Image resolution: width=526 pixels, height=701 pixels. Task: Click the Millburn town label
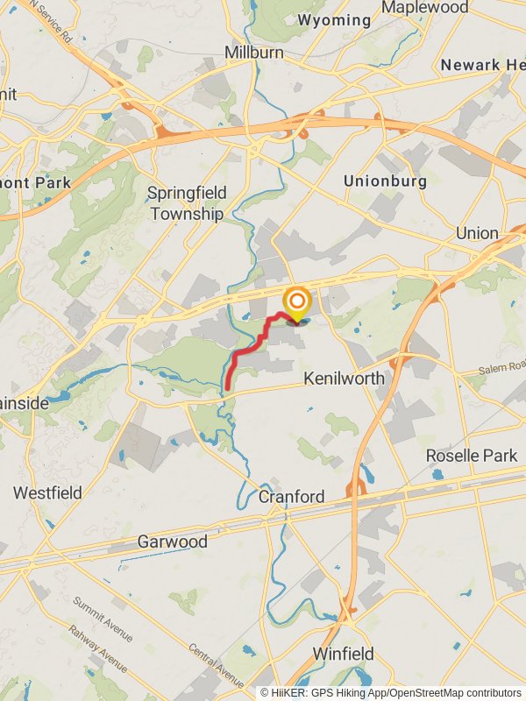click(x=254, y=53)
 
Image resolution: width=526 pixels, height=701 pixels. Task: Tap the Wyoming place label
click(x=334, y=19)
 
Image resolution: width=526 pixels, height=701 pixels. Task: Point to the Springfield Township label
click(x=187, y=203)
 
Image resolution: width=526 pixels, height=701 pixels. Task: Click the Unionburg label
click(x=385, y=181)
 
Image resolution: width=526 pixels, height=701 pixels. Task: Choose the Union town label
click(x=477, y=234)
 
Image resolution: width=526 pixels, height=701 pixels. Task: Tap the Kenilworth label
click(x=345, y=379)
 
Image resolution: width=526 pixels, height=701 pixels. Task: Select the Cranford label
click(x=291, y=497)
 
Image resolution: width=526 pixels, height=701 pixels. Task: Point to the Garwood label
click(x=173, y=542)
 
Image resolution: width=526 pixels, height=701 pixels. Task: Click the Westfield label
click(x=47, y=493)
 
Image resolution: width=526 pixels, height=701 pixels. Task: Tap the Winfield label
click(x=345, y=654)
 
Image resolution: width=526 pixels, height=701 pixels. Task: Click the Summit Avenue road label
click(x=102, y=618)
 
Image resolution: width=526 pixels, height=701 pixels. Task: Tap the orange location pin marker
click(x=297, y=302)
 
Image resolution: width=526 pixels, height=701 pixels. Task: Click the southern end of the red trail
click(x=228, y=386)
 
